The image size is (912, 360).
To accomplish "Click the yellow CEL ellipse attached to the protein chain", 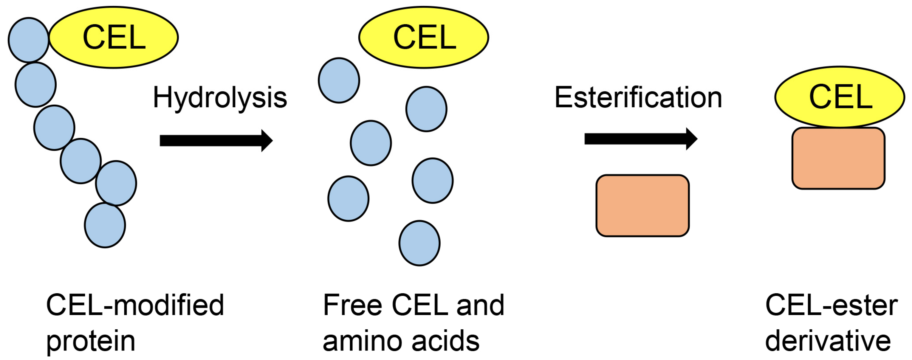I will pos(114,37).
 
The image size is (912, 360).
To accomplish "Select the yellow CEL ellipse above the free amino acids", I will pos(424,37).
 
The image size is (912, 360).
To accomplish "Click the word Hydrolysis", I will pos(219,98).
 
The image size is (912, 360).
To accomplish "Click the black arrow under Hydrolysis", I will pos(216,141).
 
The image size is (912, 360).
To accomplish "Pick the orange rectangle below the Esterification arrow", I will pos(642,206).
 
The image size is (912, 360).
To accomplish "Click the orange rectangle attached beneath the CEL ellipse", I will pos(838,158).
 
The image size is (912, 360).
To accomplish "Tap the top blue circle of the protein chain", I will pos(28,40).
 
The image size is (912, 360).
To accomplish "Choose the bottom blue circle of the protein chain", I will pos(105,225).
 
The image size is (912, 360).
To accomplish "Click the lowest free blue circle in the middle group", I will pos(419,243).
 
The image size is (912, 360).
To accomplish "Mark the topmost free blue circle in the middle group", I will pos(339,80).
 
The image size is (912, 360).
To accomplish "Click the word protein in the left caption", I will pos(91,341).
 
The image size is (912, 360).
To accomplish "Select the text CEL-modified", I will pos(135,305).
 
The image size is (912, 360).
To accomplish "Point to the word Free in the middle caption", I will pos(352,305).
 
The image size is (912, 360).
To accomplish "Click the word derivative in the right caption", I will pos(828,341).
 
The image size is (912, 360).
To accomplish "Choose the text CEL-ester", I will pos(831,305).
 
